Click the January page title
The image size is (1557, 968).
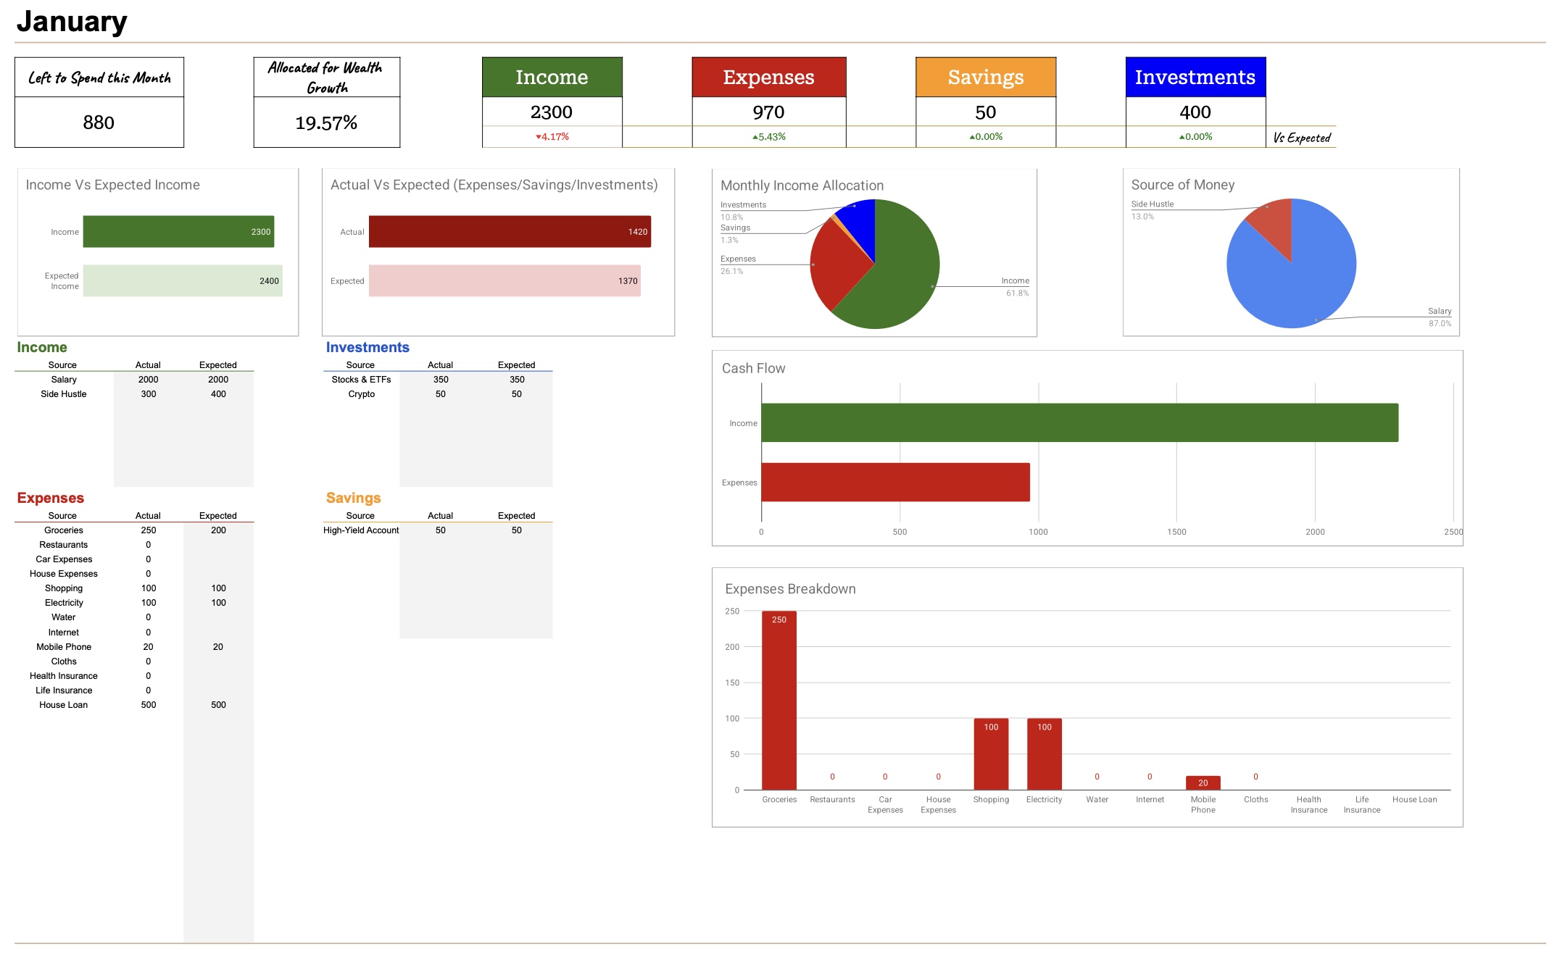72,22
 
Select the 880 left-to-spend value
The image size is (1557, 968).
99,122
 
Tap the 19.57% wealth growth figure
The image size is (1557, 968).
326,123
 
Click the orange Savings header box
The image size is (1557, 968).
985,77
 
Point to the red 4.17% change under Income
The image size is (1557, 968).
552,136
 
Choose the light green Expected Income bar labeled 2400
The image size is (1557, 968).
182,280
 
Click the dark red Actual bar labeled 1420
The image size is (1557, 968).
509,231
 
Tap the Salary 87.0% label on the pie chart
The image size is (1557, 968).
1439,317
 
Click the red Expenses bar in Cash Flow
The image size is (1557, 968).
895,482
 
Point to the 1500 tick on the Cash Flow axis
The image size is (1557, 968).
1176,532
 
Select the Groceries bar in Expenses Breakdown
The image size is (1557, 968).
779,699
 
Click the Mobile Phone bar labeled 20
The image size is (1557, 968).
1203,783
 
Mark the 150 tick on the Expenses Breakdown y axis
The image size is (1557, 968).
732,683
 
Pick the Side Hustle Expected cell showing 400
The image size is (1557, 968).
218,394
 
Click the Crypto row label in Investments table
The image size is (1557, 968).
361,394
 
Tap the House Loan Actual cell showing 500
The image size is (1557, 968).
149,705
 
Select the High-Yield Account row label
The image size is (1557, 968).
361,530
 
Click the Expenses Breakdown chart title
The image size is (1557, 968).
790,589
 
